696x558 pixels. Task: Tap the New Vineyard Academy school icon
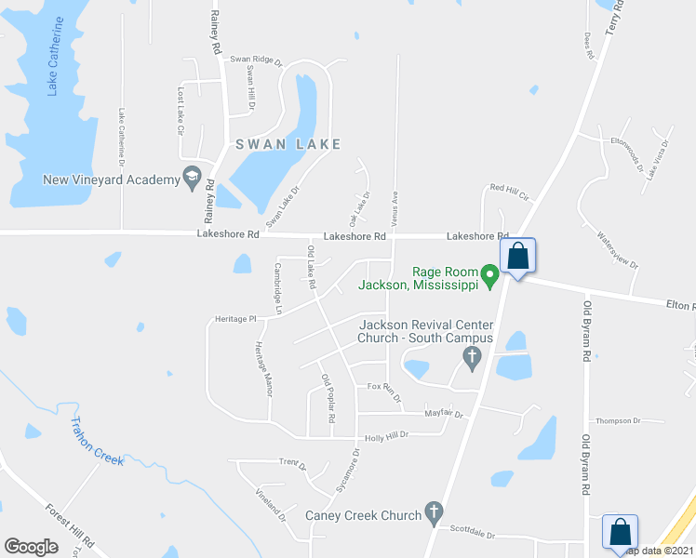point(192,176)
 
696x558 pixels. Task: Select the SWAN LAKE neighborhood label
point(288,144)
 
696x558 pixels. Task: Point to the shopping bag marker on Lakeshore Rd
point(517,256)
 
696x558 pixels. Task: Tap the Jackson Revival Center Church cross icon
point(472,355)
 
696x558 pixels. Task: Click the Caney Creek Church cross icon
point(433,511)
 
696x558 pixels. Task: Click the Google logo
point(31,546)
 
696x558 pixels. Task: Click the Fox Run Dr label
point(384,392)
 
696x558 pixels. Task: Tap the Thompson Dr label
point(620,420)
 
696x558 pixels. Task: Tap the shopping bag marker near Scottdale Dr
point(619,532)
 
